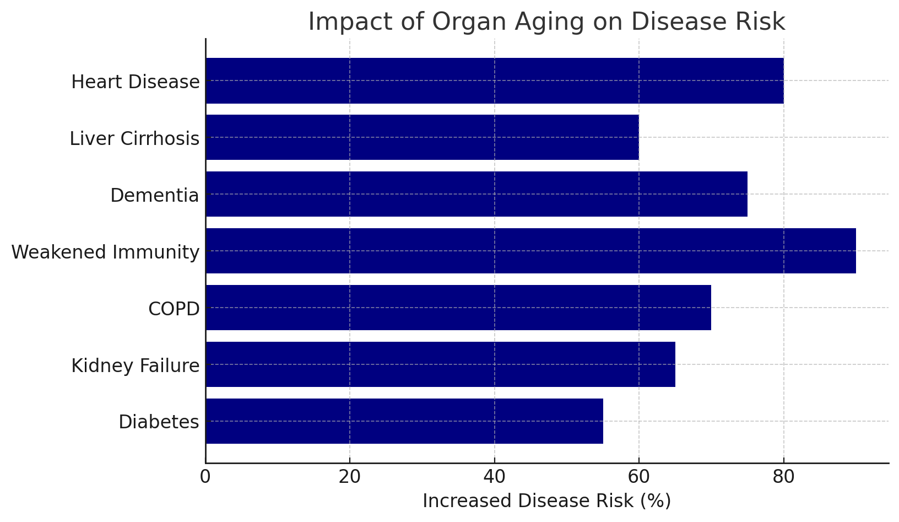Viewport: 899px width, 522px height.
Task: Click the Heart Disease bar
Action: coord(494,80)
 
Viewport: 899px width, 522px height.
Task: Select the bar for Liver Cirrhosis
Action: coord(422,137)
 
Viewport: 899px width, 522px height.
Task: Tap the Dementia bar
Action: coord(476,194)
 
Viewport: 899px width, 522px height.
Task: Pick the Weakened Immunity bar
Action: coord(530,251)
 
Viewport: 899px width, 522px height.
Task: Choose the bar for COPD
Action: coord(458,308)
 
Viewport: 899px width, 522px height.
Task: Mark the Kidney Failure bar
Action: coord(440,364)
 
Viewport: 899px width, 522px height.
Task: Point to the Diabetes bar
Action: coord(404,421)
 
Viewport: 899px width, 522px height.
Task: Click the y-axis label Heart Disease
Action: coord(135,82)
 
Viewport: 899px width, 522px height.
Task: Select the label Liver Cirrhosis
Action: coord(134,139)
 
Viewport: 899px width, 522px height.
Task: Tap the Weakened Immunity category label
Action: coord(105,252)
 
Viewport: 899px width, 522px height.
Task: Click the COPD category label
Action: coord(174,309)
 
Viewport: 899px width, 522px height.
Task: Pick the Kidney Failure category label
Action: coord(135,366)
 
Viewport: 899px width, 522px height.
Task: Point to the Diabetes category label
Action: coord(159,422)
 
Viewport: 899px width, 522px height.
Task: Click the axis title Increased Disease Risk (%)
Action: coord(546,501)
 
